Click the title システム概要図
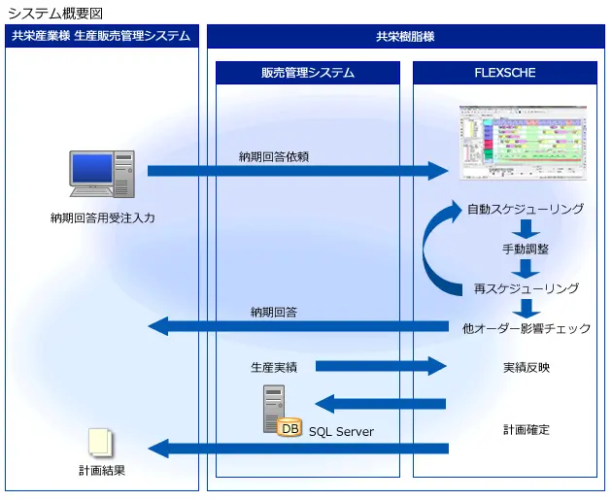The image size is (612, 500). pyautogui.click(x=54, y=13)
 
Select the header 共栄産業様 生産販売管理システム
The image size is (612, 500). pyautogui.click(x=101, y=36)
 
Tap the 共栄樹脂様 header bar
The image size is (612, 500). pyautogui.click(x=405, y=36)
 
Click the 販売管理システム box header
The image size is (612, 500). pyautogui.click(x=307, y=73)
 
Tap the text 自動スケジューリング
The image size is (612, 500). pyautogui.click(x=526, y=209)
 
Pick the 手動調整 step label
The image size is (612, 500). pyautogui.click(x=526, y=249)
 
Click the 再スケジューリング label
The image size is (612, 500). pyautogui.click(x=527, y=288)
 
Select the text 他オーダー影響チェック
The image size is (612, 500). pyautogui.click(x=527, y=328)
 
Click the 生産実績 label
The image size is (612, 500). pyautogui.click(x=273, y=367)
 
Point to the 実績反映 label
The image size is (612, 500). pyautogui.click(x=527, y=367)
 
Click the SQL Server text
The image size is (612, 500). pyautogui.click(x=341, y=431)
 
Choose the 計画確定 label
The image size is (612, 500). pyautogui.click(x=527, y=429)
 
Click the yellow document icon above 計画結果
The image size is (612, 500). pyautogui.click(x=100, y=443)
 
